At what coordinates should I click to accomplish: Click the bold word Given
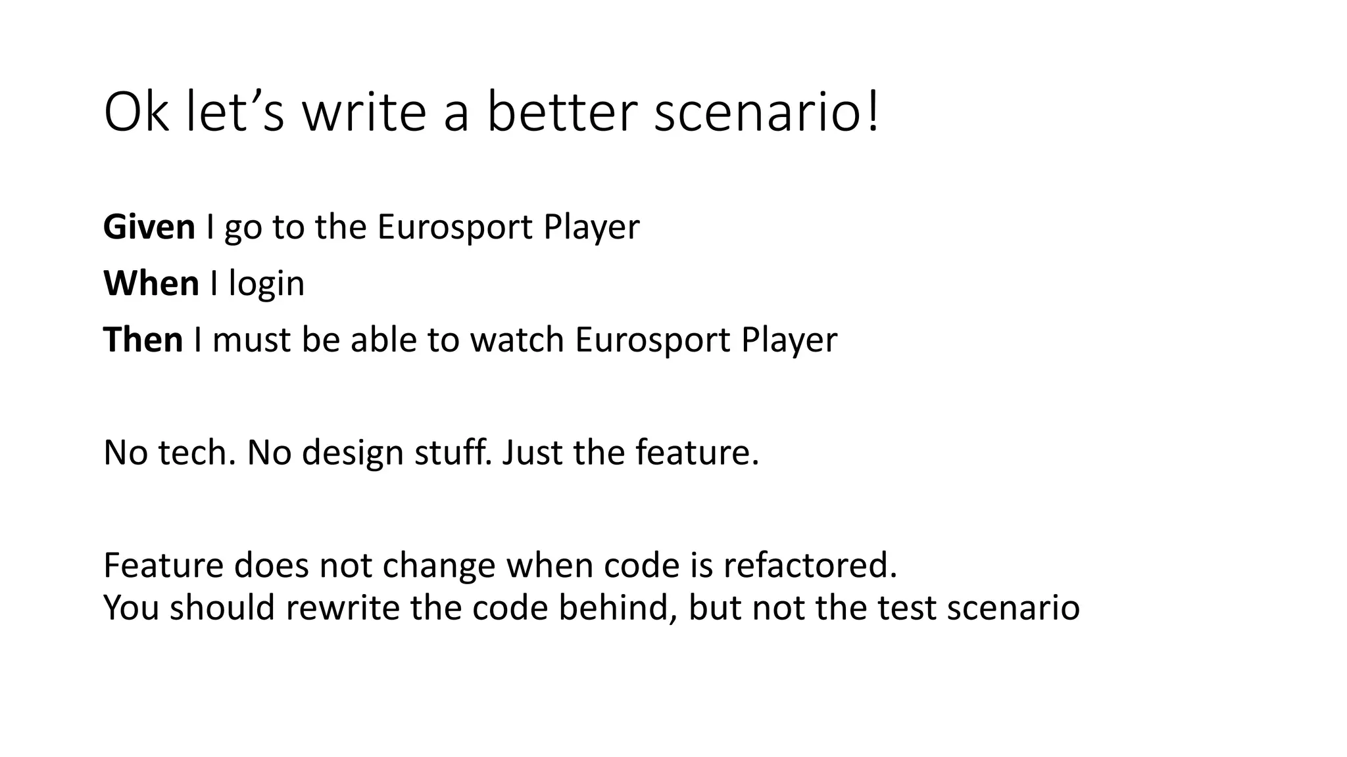[x=149, y=227]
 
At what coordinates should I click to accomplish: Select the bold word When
[x=151, y=284]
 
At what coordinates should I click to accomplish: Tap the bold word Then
[x=143, y=340]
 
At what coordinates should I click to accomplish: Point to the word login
[x=266, y=285]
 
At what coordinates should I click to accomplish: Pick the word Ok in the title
[x=135, y=113]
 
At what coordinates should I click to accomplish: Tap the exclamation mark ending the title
[x=873, y=113]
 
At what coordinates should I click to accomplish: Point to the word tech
[x=197, y=453]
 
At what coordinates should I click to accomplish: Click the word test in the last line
[x=906, y=608]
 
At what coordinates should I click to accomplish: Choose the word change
[x=438, y=567]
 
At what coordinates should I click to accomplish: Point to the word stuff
[x=453, y=453]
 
